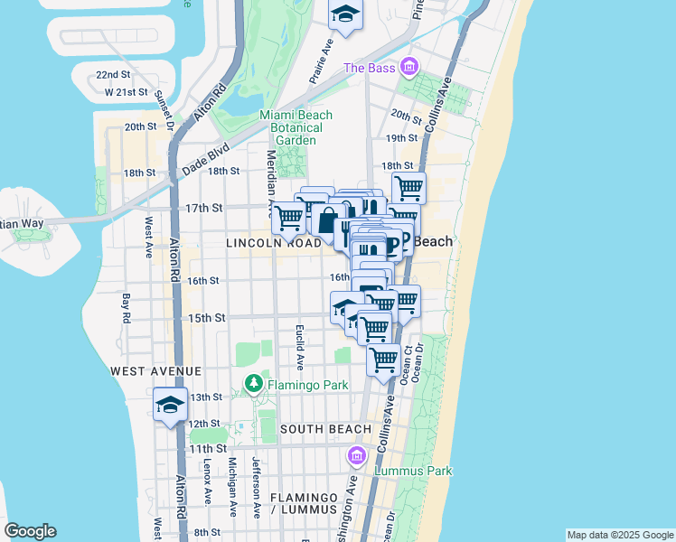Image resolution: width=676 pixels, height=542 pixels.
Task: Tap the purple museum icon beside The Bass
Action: [409, 68]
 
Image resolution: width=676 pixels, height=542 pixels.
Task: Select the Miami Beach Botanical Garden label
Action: [296, 127]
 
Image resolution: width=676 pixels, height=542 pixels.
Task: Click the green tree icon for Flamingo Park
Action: [254, 385]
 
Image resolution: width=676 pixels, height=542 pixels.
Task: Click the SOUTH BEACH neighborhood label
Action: [325, 429]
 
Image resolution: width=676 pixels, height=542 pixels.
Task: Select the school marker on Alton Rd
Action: [169, 406]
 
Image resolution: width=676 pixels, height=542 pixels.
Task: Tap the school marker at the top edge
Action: [344, 14]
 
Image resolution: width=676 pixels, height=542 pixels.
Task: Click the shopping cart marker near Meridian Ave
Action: [288, 217]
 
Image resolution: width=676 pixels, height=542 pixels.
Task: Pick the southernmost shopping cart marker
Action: [384, 359]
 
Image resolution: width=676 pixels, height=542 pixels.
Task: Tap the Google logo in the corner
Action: [30, 531]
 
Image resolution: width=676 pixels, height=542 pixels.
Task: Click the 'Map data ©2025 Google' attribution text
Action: [619, 535]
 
